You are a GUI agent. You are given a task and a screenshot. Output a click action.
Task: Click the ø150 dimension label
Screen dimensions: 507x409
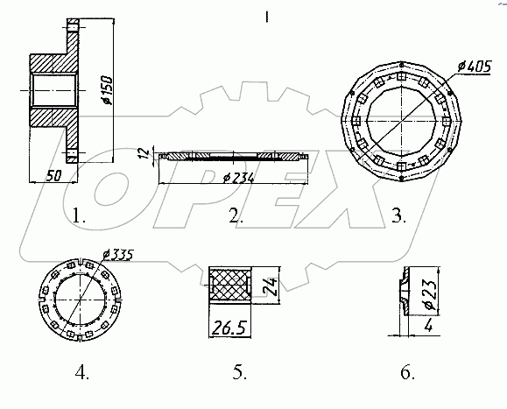pos(106,90)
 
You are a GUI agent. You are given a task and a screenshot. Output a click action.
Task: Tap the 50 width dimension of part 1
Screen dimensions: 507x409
pos(54,176)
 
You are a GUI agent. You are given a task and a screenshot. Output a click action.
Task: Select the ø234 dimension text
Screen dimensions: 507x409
pos(239,178)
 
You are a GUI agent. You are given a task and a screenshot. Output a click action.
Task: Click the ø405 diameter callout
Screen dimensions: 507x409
pos(475,67)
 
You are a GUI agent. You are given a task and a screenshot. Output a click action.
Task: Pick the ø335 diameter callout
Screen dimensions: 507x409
pos(117,255)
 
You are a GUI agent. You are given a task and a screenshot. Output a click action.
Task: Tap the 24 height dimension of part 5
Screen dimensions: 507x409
pos(271,286)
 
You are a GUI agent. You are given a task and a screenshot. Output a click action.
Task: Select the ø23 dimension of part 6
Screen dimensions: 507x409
pos(431,293)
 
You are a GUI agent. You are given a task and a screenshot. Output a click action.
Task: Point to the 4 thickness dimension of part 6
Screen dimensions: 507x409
pos(428,326)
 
